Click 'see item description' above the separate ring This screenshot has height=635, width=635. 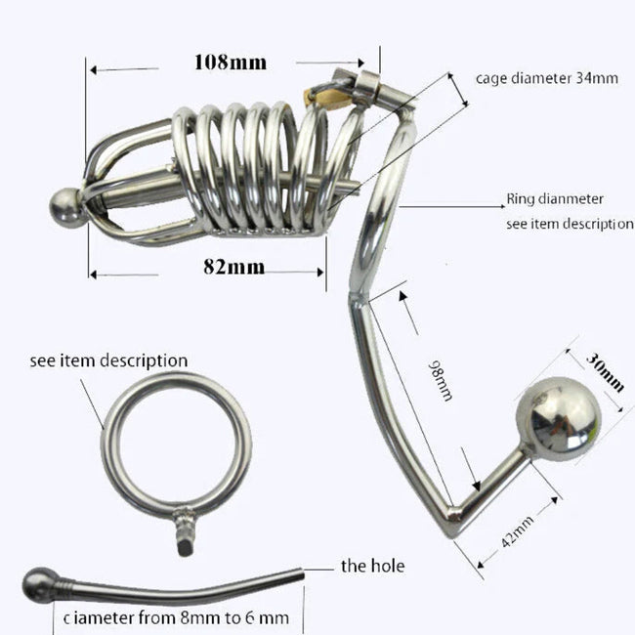point(108,360)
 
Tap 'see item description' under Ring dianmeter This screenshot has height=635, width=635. point(570,223)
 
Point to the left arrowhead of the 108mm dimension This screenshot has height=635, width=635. point(91,69)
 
